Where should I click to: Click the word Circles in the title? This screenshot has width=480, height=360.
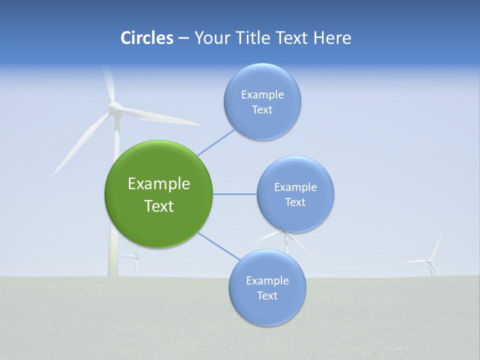point(146,38)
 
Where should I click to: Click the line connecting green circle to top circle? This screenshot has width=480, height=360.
point(216,142)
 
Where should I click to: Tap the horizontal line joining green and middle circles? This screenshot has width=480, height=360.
point(234,194)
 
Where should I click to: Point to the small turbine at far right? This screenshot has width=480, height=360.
point(430,261)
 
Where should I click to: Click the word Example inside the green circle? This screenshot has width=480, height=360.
point(159,184)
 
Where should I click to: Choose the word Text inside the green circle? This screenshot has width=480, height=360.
point(159,206)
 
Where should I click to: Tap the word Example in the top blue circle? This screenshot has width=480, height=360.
point(262,94)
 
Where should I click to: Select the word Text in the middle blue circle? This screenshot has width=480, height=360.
point(295,202)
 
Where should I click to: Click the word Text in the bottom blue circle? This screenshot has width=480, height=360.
point(267,295)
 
